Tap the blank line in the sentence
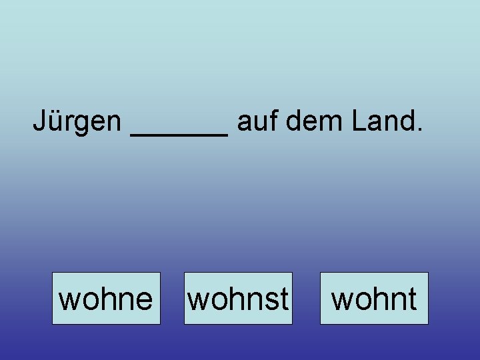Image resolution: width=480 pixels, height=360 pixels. [x=180, y=133]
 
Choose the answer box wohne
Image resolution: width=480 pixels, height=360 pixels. [x=106, y=298]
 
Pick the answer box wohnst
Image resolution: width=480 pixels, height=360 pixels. [x=238, y=298]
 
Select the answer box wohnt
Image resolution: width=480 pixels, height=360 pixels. [x=374, y=298]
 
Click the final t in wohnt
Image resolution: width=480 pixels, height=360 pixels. [x=413, y=299]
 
